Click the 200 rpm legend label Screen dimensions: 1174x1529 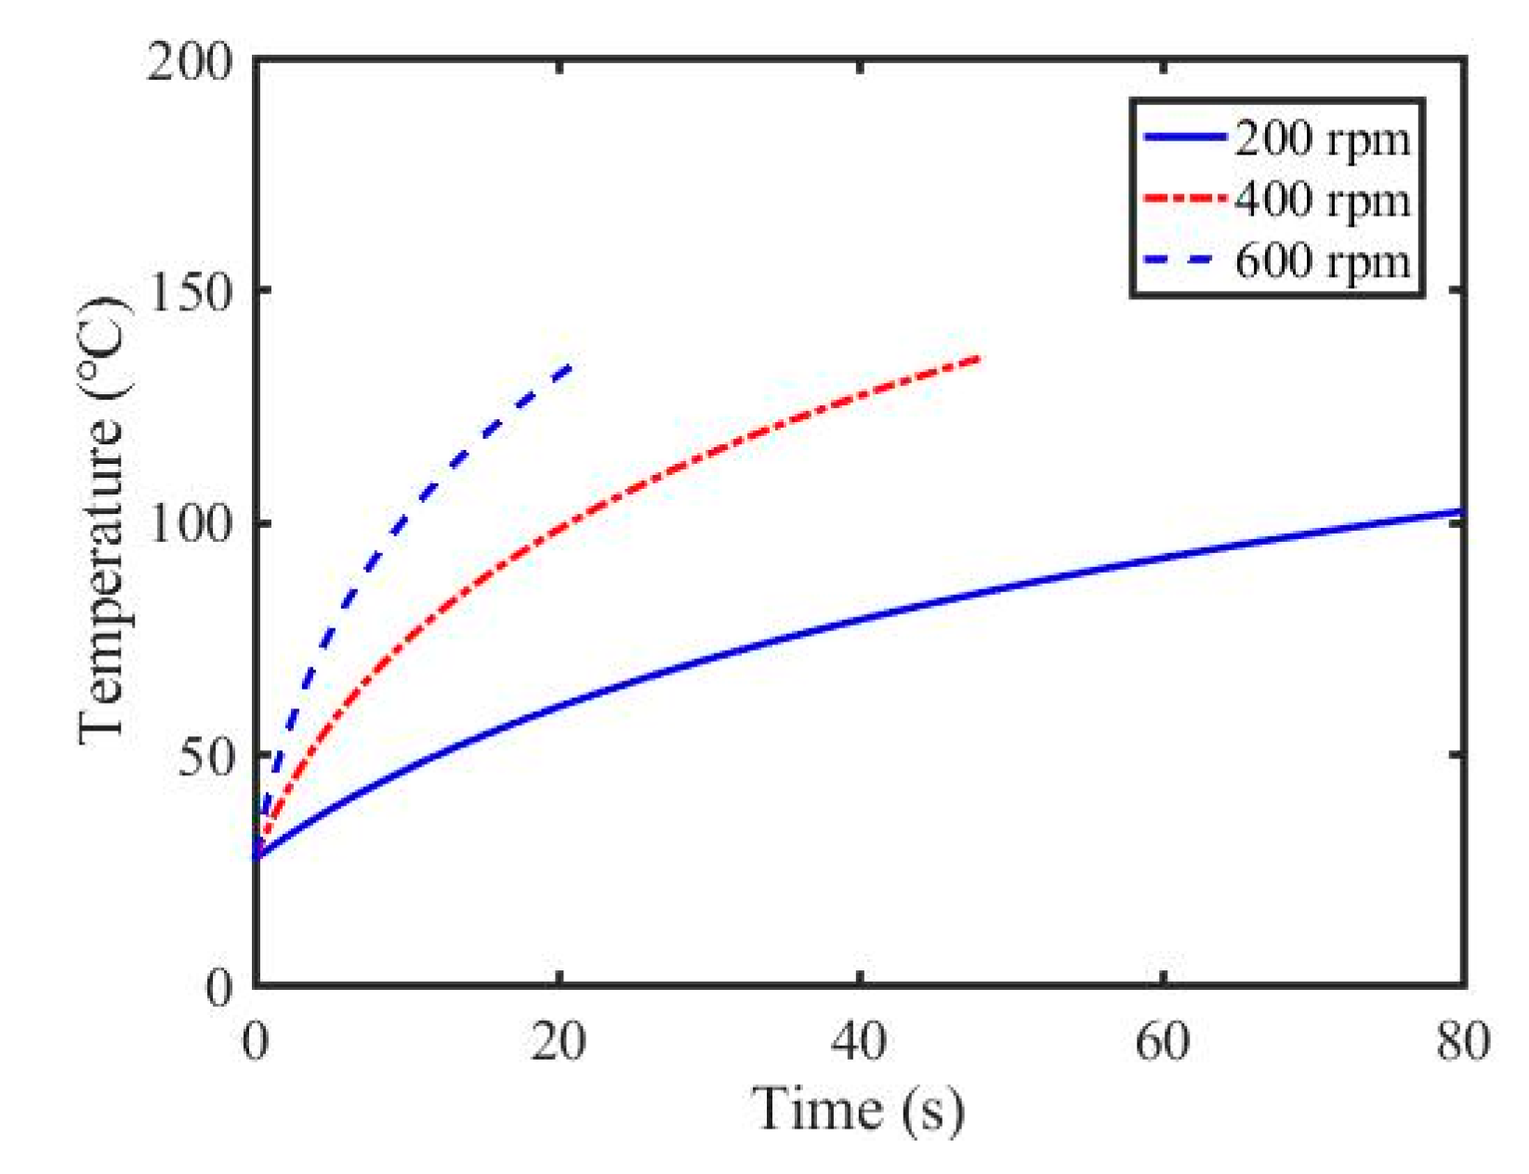(x=1321, y=139)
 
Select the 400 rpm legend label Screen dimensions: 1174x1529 (x=1321, y=200)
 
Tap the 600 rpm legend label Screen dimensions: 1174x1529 (x=1321, y=261)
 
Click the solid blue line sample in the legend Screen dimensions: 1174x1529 (x=1186, y=138)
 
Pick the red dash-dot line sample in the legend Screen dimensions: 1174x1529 (x=1186, y=198)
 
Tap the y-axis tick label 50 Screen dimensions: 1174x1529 (x=204, y=757)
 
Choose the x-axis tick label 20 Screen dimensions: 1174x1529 (x=558, y=1041)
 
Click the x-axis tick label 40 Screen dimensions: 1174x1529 (x=860, y=1041)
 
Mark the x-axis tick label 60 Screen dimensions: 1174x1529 (x=1162, y=1041)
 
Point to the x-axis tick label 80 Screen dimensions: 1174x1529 (x=1462, y=1041)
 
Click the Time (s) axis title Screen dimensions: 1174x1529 (x=857, y=1109)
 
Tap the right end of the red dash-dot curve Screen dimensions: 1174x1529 (x=978, y=358)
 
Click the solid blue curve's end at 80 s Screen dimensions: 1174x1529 (x=1462, y=511)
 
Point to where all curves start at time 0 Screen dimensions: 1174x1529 (x=257, y=856)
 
